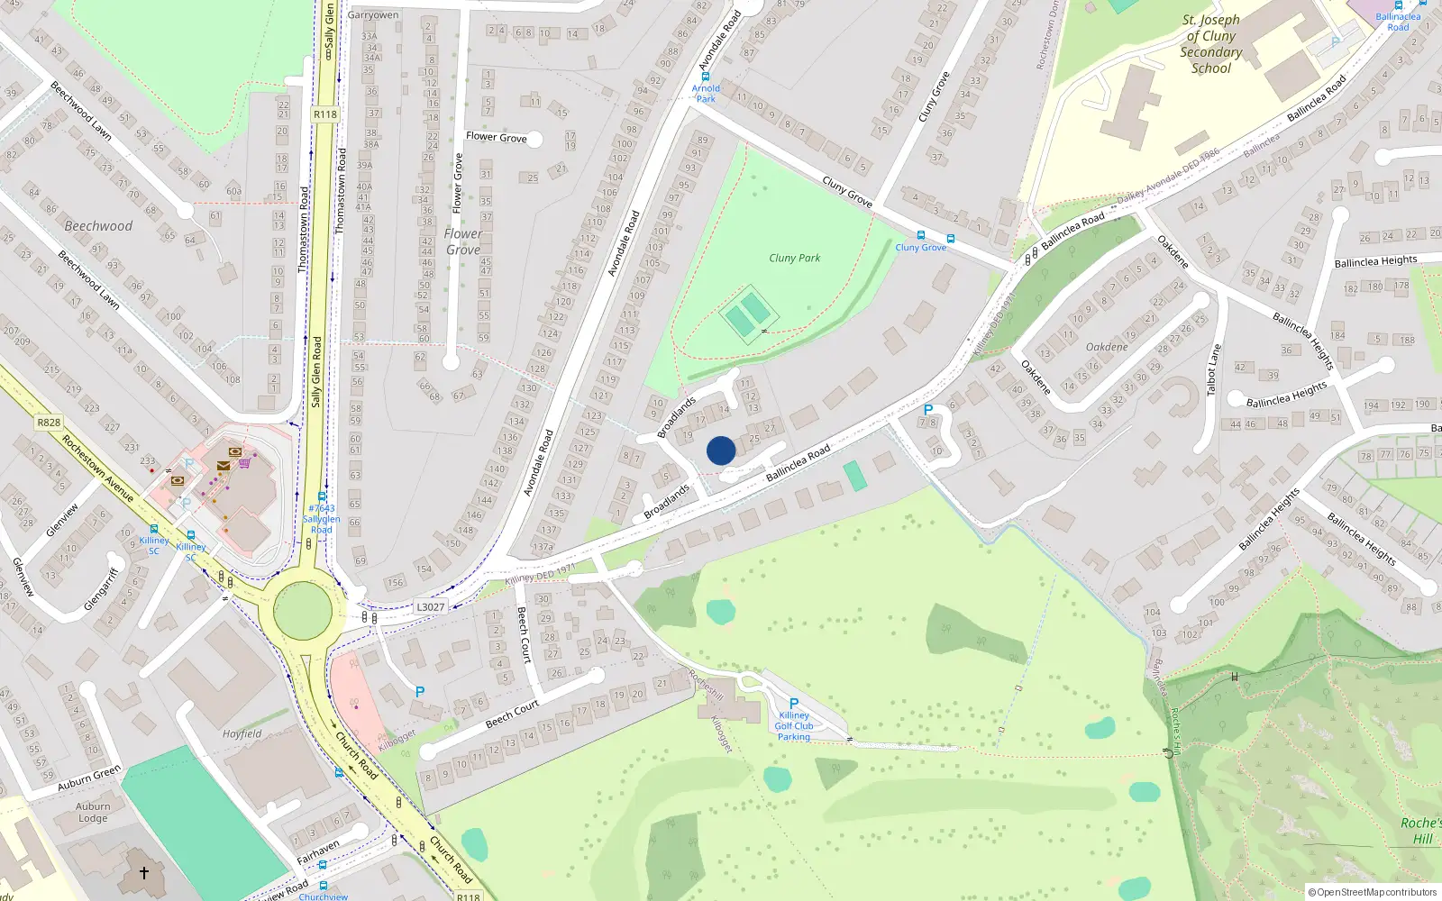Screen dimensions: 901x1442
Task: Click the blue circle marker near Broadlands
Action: pyautogui.click(x=721, y=450)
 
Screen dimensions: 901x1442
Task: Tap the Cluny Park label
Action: pyautogui.click(x=794, y=258)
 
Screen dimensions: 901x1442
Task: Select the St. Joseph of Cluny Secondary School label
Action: pyautogui.click(x=1211, y=43)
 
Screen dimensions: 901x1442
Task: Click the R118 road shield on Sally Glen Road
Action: pyautogui.click(x=325, y=114)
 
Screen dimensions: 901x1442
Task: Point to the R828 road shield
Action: pyautogui.click(x=49, y=422)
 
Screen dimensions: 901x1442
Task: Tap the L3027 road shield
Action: pyautogui.click(x=431, y=606)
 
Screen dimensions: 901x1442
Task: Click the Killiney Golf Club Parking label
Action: pyautogui.click(x=793, y=725)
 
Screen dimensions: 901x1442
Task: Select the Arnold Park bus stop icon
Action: pyautogui.click(x=706, y=77)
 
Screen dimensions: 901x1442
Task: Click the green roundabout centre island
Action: pyautogui.click(x=303, y=611)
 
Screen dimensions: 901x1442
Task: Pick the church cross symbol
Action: pyautogui.click(x=143, y=872)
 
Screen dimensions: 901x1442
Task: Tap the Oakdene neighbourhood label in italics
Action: pyautogui.click(x=1107, y=347)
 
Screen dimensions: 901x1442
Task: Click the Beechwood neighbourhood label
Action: pyautogui.click(x=98, y=226)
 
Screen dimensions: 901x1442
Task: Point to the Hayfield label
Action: pyautogui.click(x=242, y=733)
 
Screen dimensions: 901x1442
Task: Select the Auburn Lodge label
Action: pyautogui.click(x=93, y=813)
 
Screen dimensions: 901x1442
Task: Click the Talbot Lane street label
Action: pyautogui.click(x=1214, y=369)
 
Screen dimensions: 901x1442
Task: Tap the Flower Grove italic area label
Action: pyautogui.click(x=463, y=241)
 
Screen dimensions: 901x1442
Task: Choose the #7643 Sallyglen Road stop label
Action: pyautogui.click(x=322, y=519)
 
